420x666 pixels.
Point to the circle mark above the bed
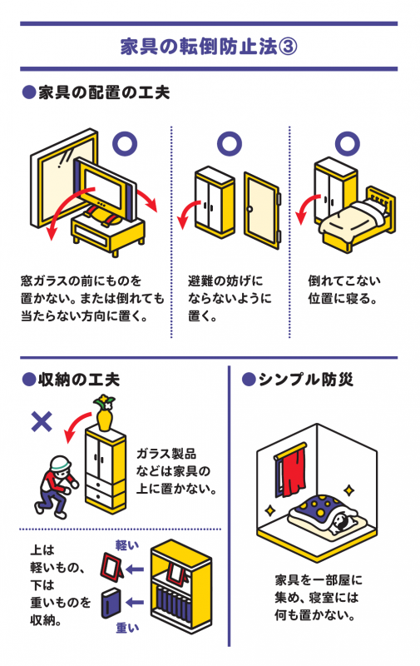[345, 142]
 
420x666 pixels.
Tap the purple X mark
[40, 421]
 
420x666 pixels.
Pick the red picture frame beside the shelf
[110, 570]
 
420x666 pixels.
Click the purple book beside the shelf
[111, 604]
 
